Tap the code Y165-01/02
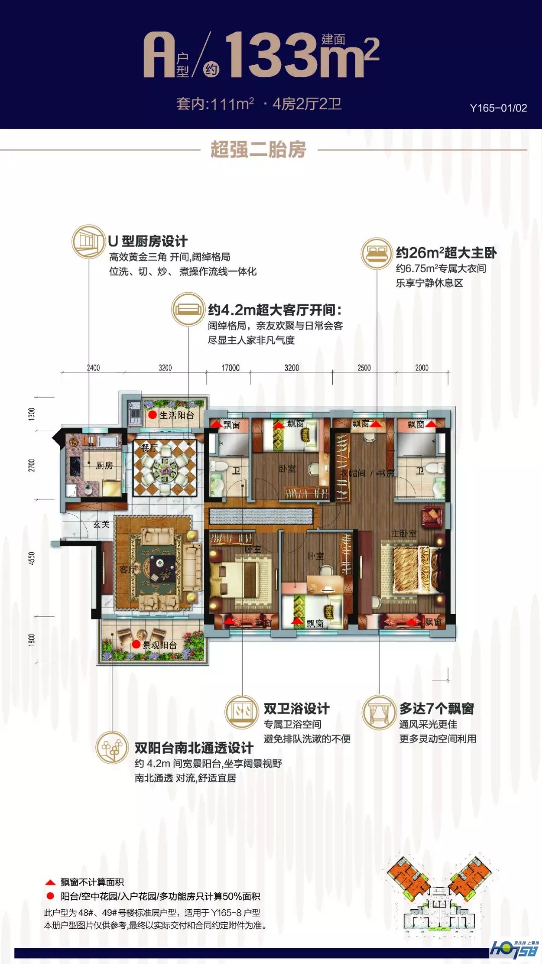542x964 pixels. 498,108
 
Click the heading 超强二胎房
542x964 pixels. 258,150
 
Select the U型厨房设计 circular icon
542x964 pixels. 89,242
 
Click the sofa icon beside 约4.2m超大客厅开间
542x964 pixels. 188,310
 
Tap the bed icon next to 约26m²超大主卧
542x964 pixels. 376,254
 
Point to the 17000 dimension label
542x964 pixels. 230,368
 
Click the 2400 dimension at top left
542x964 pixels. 93,368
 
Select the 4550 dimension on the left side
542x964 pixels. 32,558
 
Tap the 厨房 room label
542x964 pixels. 104,465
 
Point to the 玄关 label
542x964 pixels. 101,524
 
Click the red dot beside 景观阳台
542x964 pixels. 136,644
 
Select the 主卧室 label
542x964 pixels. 404,533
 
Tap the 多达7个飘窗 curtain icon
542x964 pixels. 379,712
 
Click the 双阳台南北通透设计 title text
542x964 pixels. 194,748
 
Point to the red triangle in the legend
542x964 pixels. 50,882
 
